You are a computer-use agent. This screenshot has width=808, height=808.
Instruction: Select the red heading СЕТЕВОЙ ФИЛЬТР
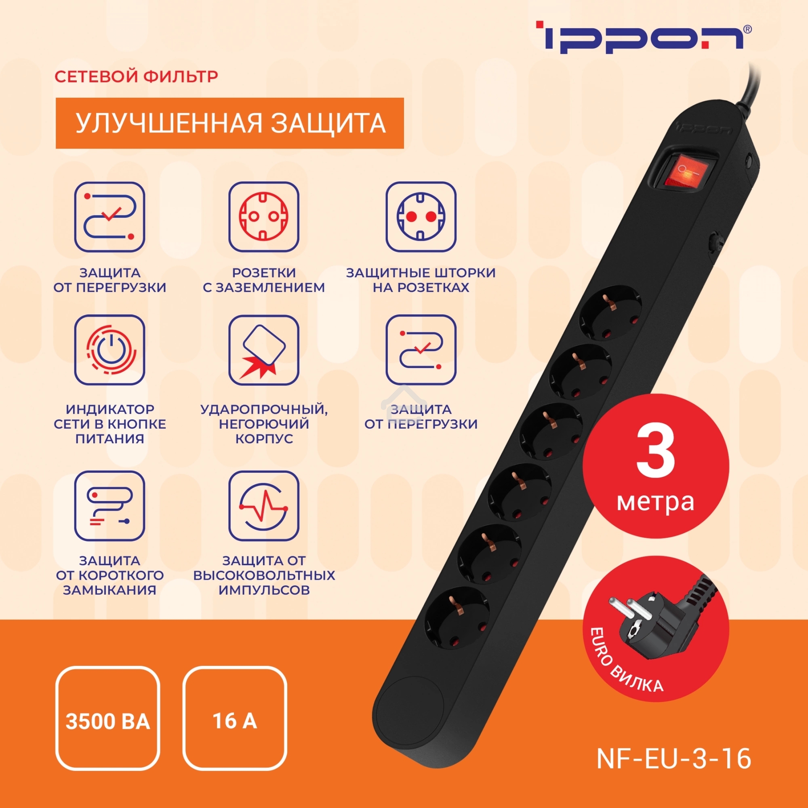coord(136,76)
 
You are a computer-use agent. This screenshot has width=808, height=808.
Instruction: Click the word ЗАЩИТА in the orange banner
coord(328,123)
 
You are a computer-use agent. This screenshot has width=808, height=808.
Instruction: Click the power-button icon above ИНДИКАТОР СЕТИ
coord(109,349)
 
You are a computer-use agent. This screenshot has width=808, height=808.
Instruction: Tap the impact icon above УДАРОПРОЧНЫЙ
coord(263,349)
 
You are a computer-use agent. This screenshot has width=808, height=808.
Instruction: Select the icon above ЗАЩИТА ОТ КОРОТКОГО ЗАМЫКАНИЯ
coord(109,506)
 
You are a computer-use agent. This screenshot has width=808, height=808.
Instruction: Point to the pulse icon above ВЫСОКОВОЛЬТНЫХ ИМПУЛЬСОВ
coord(263,506)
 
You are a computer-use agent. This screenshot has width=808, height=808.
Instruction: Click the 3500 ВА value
coord(107,722)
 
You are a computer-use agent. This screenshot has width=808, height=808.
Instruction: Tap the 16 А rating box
coord(235,721)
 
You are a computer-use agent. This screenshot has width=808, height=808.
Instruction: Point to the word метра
coord(655,502)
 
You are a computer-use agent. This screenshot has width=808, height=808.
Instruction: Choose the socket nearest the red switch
coord(610,312)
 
